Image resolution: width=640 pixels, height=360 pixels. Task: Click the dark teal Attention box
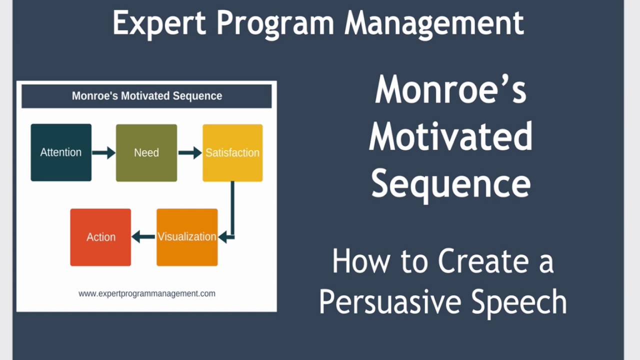[61, 152]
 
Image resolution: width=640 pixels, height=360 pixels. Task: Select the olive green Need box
[146, 153]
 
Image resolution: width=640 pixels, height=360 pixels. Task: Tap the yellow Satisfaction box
[232, 153]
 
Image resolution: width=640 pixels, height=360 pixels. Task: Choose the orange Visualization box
[187, 237]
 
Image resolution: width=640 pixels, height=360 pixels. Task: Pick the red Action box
[100, 237]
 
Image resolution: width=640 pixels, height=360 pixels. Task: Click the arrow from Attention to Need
[103, 153]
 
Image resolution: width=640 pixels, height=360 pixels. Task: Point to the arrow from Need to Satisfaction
[190, 153]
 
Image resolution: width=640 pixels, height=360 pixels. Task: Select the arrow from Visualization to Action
[143, 237]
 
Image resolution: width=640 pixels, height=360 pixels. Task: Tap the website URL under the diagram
[147, 293]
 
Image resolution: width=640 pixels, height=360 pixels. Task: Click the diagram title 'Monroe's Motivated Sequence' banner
[147, 96]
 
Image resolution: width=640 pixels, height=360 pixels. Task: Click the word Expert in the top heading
[159, 23]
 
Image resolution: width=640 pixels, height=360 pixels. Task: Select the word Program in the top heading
[275, 24]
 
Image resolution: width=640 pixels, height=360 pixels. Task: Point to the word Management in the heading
[434, 24]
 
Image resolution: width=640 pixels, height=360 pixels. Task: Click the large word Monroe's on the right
[450, 89]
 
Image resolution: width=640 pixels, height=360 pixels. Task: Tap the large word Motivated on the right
[450, 136]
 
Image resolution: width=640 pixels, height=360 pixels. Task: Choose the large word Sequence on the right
[450, 185]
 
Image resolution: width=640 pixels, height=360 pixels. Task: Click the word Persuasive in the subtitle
[389, 301]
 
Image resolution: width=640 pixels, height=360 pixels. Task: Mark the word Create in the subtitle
[483, 261]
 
